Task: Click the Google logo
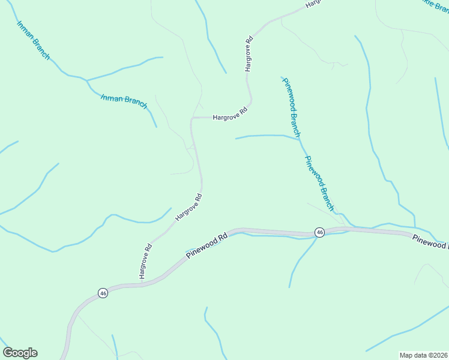tap(20, 353)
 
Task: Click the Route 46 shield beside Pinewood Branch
tap(319, 232)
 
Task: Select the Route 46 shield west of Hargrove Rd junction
tap(103, 293)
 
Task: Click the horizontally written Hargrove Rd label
tap(230, 113)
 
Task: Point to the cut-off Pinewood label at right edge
tap(430, 242)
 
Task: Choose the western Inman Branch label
tap(34, 41)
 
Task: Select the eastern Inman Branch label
tap(124, 101)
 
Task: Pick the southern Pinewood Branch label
tap(319, 183)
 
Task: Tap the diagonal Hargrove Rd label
tap(188, 208)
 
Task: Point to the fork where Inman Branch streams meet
tap(87, 80)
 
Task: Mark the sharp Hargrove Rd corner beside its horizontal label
tap(191, 118)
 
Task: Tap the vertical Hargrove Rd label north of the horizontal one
tap(248, 55)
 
